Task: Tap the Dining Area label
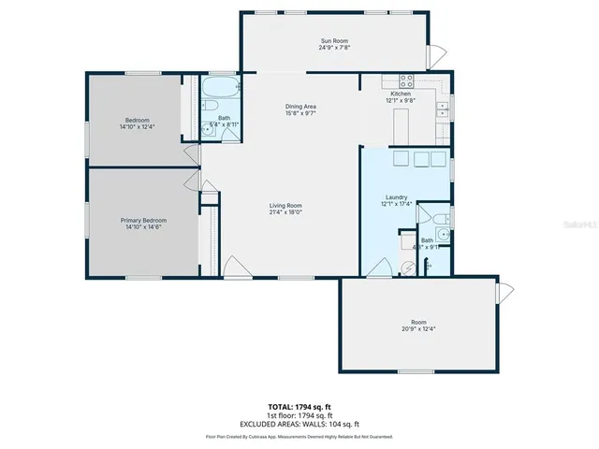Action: coord(300,107)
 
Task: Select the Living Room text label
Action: coord(285,206)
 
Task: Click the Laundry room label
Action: coord(394,197)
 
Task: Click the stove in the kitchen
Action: coord(407,80)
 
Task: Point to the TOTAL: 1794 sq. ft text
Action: coord(299,408)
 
